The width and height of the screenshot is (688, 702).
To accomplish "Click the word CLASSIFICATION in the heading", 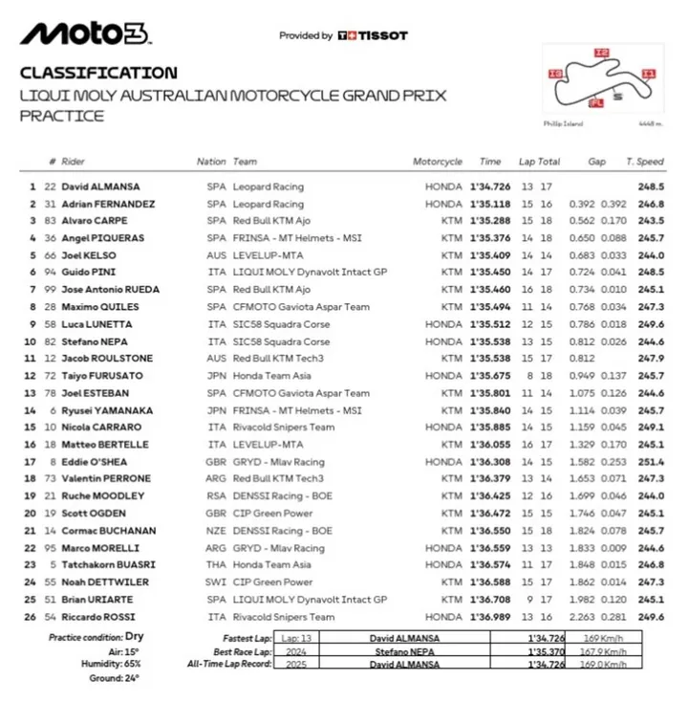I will [x=98, y=73].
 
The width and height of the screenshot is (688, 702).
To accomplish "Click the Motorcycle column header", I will [x=438, y=162].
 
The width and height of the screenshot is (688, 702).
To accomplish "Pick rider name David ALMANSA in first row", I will [x=100, y=186].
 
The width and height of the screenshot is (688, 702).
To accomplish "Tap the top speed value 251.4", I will [x=652, y=462].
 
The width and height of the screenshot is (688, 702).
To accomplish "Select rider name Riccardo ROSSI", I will [x=98, y=617].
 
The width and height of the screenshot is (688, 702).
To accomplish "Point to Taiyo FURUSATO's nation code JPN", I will [x=216, y=376].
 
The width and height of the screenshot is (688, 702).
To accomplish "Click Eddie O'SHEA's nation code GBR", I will [x=216, y=462].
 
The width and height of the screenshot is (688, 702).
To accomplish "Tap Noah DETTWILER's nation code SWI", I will [x=216, y=582].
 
